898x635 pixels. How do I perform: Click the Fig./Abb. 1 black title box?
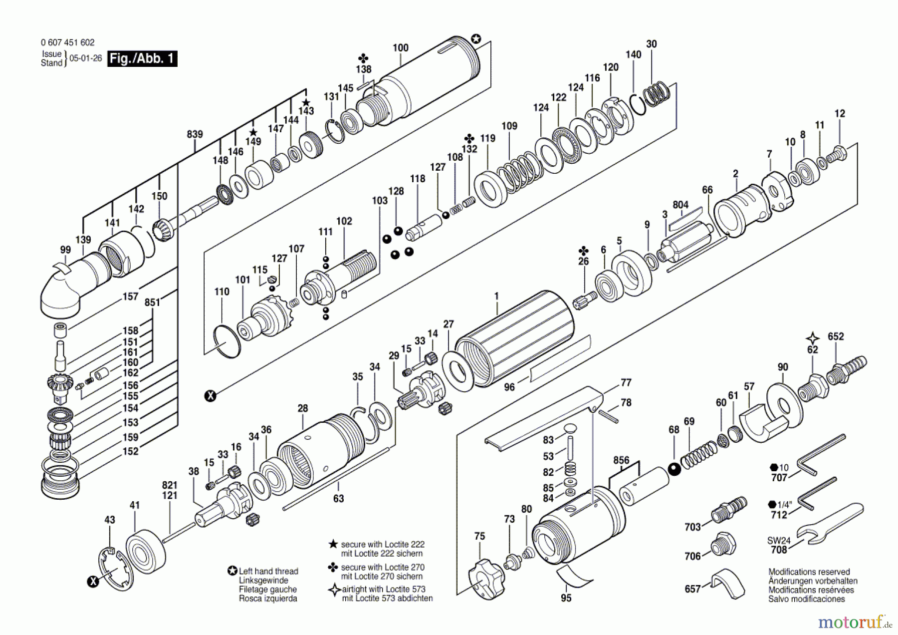(x=142, y=59)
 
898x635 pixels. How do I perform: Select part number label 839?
(x=195, y=134)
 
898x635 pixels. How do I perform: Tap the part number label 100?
(x=400, y=48)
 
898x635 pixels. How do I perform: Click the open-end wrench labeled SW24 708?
(x=831, y=522)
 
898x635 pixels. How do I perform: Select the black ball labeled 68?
(x=674, y=470)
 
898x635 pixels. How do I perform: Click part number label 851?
(x=152, y=302)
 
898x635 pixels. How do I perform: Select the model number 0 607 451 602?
(x=67, y=43)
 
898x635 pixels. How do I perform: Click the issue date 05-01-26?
(x=85, y=58)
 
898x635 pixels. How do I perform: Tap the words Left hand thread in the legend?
(x=268, y=571)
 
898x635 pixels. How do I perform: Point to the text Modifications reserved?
(x=809, y=572)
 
